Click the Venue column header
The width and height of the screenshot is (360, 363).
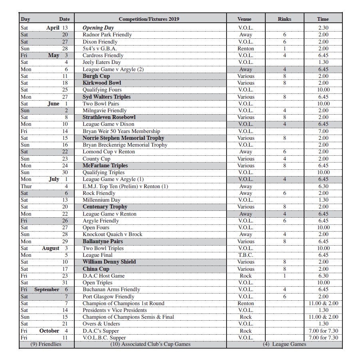tap(244, 19)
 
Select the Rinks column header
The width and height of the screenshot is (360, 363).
tap(284, 19)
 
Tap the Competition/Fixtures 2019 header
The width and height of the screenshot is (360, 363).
tap(149, 19)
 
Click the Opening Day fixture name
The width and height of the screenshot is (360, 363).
tap(98, 28)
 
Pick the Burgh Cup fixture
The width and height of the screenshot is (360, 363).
tap(96, 76)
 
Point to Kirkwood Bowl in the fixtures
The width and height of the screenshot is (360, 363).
tap(101, 83)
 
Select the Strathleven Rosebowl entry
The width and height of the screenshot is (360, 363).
tap(109, 117)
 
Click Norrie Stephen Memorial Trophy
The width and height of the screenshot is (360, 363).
tap(123, 138)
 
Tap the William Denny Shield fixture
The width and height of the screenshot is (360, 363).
tap(109, 262)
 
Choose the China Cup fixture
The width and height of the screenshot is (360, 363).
tap(95, 269)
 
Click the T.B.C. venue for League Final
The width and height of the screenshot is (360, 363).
tap(245, 255)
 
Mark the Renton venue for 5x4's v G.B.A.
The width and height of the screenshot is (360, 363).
tap(245, 49)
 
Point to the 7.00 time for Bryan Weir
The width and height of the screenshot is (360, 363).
tap(323, 131)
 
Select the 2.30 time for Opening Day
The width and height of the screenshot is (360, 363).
tap(323, 28)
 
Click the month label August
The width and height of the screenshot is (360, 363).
tap(50, 248)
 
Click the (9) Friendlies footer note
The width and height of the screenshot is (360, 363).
tap(46, 344)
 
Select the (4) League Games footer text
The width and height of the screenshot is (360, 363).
tap(284, 344)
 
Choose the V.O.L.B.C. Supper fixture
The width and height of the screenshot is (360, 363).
tap(104, 338)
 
